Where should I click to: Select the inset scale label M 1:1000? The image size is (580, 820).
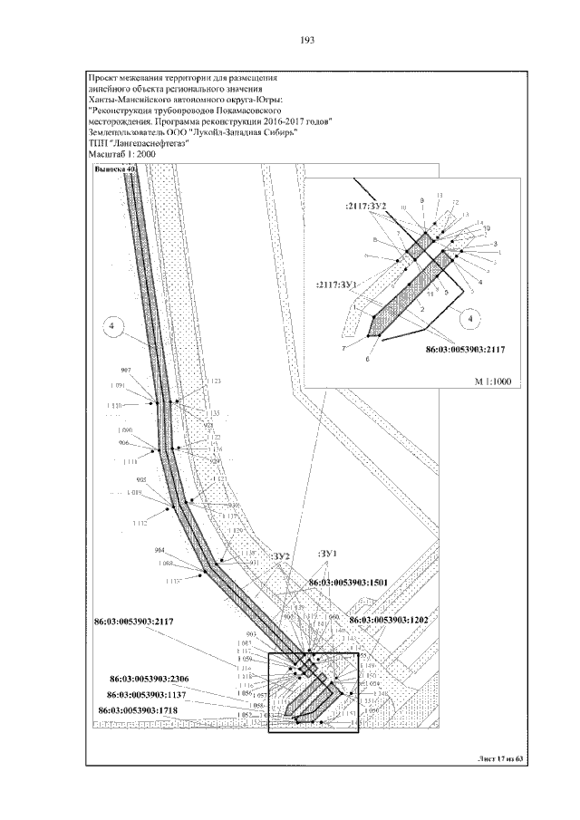pyautogui.click(x=493, y=381)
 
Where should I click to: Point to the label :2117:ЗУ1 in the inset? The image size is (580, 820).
pyautogui.click(x=338, y=284)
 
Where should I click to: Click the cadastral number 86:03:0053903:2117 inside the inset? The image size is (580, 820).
pyautogui.click(x=462, y=348)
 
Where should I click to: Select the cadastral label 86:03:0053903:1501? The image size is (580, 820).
pyautogui.click(x=348, y=584)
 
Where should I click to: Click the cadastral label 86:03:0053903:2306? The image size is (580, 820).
pyautogui.click(x=150, y=677)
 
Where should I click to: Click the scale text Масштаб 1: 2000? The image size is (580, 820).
pyautogui.click(x=122, y=155)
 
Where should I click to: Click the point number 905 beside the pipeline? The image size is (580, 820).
pyautogui.click(x=140, y=480)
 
